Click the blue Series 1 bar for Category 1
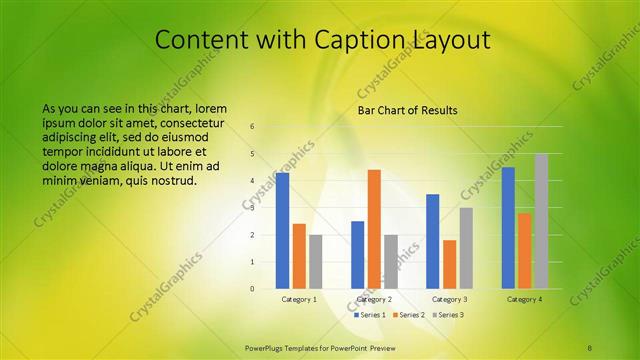(x=283, y=230)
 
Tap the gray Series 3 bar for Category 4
(x=541, y=221)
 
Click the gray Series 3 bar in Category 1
(x=316, y=261)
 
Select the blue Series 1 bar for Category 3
(x=433, y=241)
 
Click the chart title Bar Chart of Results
(x=407, y=110)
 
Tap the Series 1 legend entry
(x=371, y=315)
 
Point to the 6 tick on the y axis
(x=252, y=127)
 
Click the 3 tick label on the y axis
(x=252, y=208)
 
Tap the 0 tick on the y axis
(x=252, y=289)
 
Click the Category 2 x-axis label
(x=374, y=299)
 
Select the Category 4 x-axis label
(x=525, y=299)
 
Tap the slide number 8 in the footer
(x=589, y=346)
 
